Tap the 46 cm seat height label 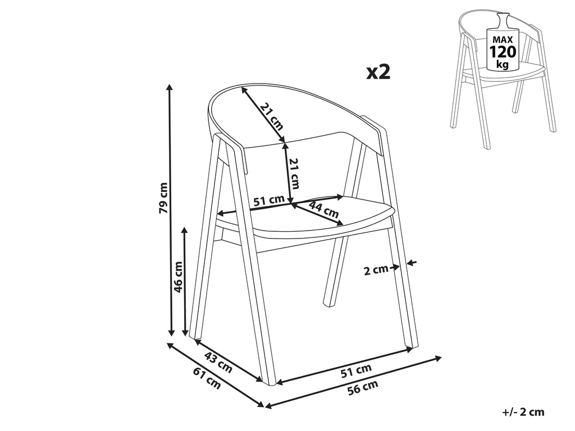[x=179, y=277]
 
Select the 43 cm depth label [x=218, y=362]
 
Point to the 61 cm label [x=207, y=378]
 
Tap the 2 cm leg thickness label [x=376, y=270]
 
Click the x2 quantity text [x=378, y=72]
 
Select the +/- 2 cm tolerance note [x=524, y=412]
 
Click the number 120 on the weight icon [x=503, y=52]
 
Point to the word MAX [x=503, y=40]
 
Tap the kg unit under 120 [x=503, y=65]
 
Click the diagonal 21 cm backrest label [x=272, y=117]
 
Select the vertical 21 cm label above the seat [x=294, y=173]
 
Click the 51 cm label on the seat [x=269, y=200]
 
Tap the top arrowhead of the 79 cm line [x=170, y=87]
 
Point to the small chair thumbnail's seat [x=503, y=72]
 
